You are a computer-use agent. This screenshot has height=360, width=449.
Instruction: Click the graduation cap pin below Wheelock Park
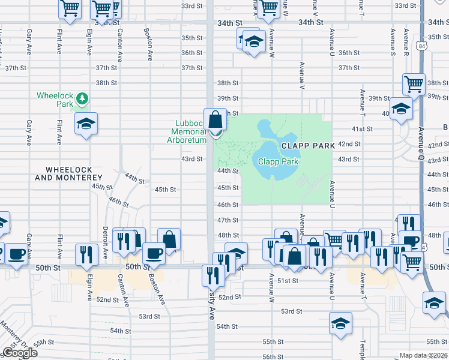tap(86, 124)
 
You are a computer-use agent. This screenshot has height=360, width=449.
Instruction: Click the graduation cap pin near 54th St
tap(340, 323)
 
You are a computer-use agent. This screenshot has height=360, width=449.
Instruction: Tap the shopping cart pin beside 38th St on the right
tap(414, 85)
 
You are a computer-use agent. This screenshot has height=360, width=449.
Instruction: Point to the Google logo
tap(20, 353)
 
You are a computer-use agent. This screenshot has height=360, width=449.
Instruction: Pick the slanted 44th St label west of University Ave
tap(135, 178)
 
